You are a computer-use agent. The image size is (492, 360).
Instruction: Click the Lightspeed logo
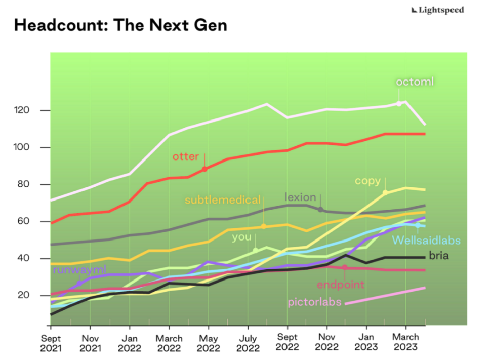tap(438, 10)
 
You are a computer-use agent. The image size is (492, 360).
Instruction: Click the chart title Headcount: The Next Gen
tap(120, 26)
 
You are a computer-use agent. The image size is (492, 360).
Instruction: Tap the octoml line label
tap(415, 82)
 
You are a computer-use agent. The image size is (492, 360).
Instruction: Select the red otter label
tap(186, 156)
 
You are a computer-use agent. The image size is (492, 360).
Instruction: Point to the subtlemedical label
tap(223, 200)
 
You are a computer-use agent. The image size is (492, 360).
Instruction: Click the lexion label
tap(300, 197)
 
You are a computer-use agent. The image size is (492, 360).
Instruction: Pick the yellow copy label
tap(367, 181)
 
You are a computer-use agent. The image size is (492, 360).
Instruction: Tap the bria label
tap(438, 256)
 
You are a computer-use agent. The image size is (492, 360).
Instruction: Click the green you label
tap(241, 237)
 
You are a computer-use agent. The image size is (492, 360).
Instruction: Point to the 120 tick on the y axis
tap(27, 110)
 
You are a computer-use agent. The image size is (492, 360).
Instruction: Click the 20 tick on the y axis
tap(29, 295)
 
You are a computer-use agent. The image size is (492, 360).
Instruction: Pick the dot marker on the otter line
tap(204, 169)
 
